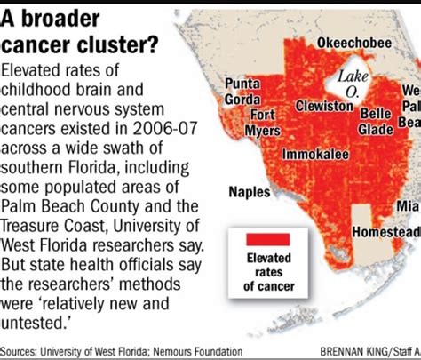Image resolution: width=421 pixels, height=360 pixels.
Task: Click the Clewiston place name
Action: (324, 106)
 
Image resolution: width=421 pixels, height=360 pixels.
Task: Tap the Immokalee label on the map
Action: (314, 154)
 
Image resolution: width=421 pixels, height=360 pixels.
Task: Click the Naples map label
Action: (250, 191)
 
